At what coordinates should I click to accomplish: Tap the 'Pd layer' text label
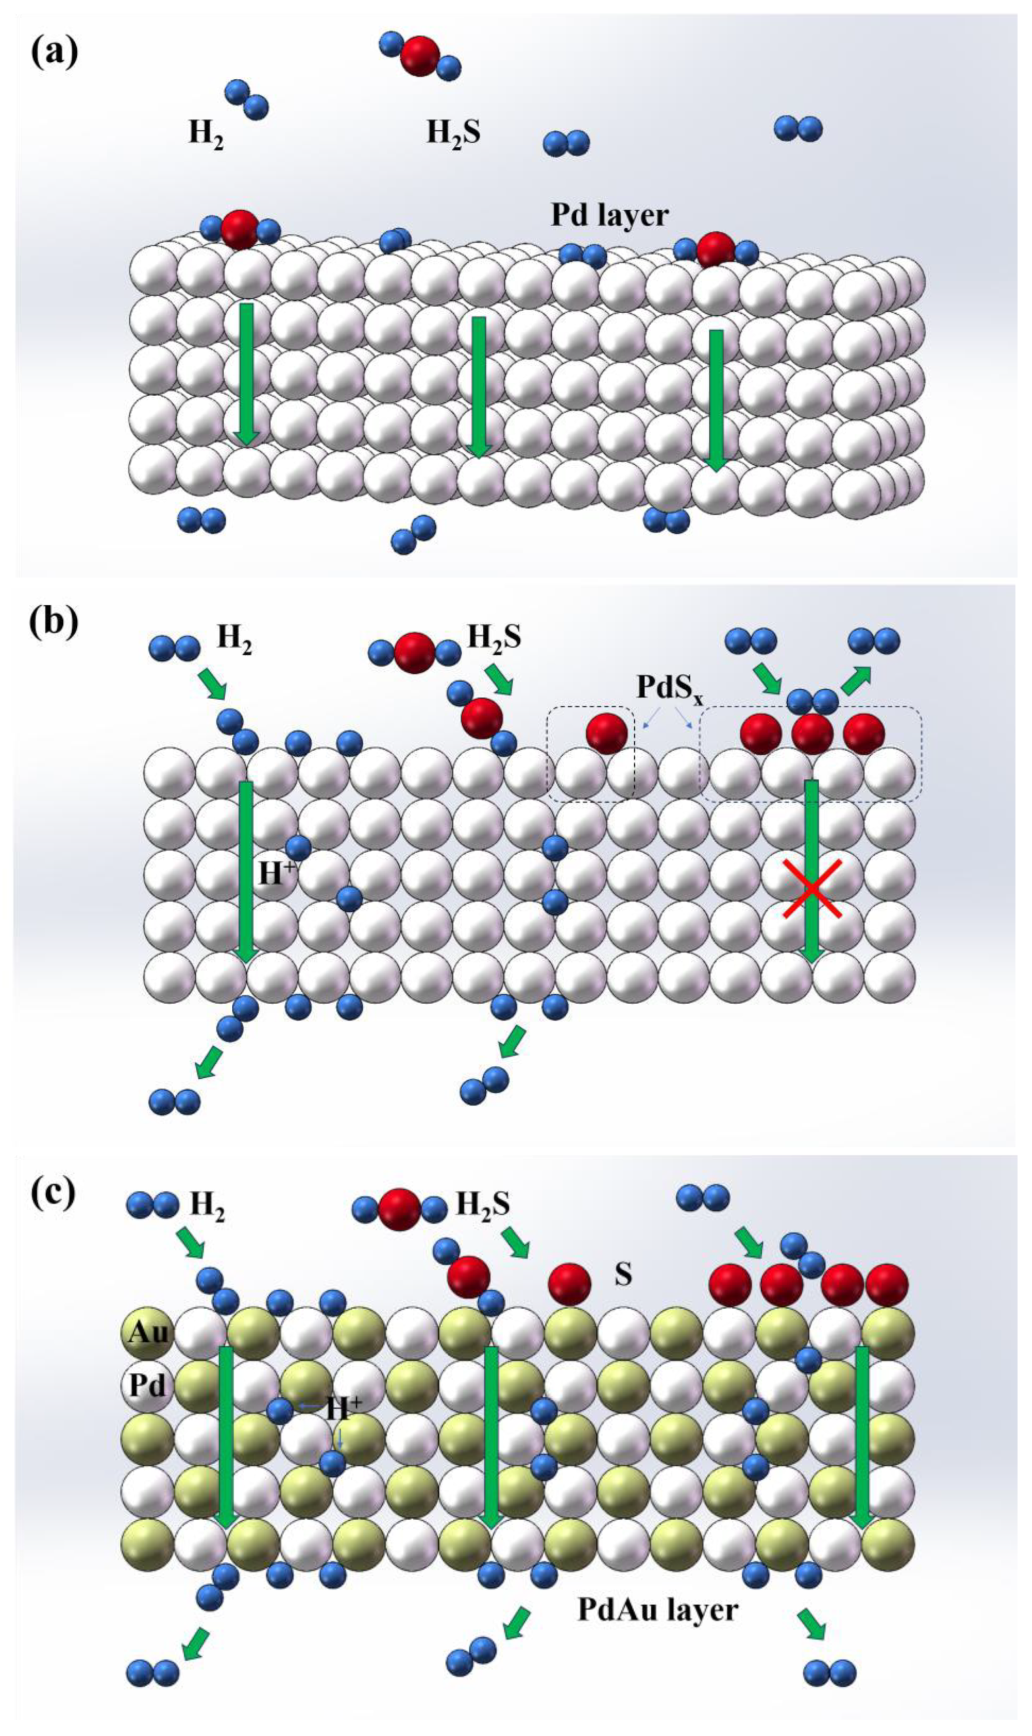click(609, 216)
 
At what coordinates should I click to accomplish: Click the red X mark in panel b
click(812, 888)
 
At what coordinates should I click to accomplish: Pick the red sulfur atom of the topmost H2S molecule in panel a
click(420, 55)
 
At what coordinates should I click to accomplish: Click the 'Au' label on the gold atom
click(148, 1332)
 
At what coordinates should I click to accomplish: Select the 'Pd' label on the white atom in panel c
click(148, 1385)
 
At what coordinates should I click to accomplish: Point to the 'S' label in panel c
click(623, 1274)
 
